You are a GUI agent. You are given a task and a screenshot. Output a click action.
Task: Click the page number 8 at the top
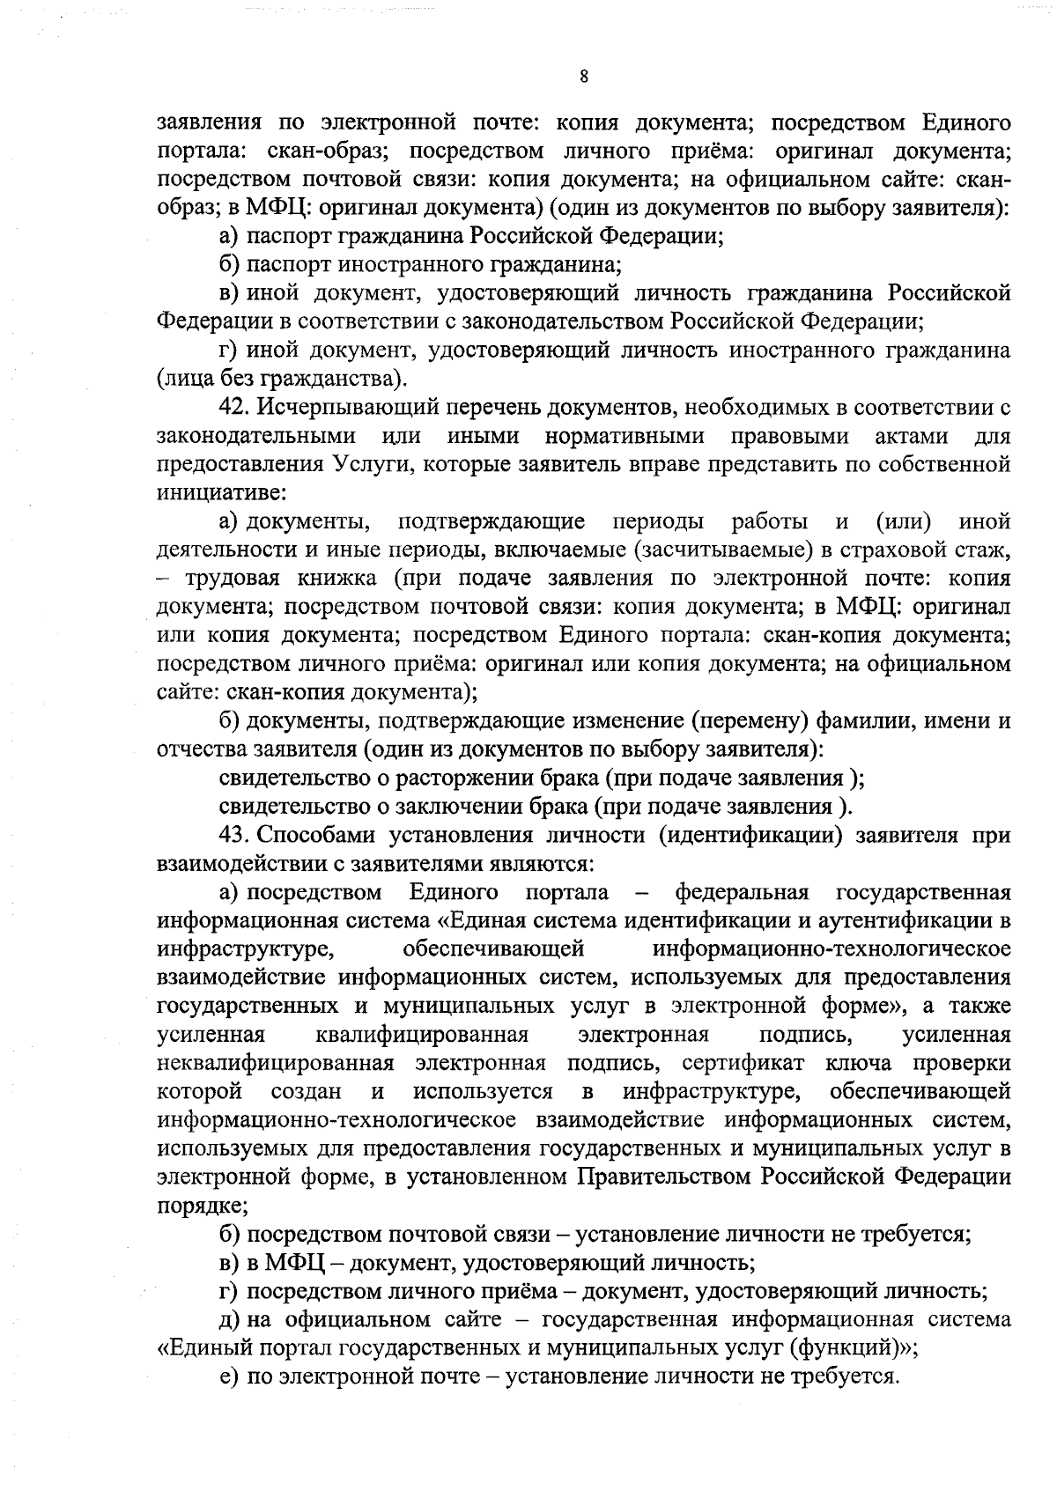(x=584, y=78)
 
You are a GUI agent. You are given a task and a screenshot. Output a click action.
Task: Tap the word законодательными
(x=256, y=437)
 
